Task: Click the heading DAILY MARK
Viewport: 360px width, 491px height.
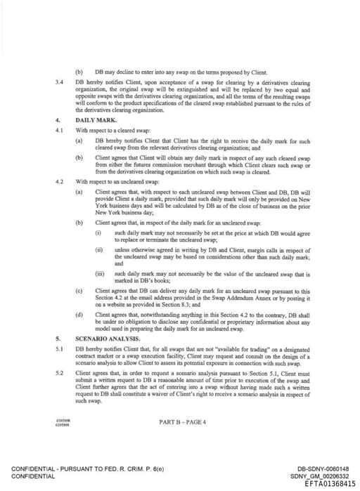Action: click(95, 120)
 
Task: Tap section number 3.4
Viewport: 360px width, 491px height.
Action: click(60, 82)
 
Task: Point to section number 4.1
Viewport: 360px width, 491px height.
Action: click(60, 130)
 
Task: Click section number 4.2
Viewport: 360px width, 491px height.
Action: click(60, 181)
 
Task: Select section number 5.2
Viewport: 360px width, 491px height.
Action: click(60, 373)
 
